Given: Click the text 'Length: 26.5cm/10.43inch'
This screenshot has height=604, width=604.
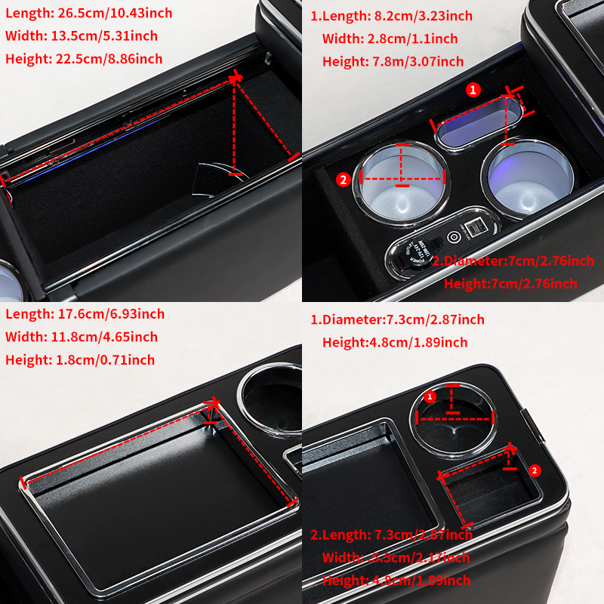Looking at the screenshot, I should (88, 13).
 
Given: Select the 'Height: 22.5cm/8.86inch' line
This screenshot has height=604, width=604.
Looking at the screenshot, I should (83, 58).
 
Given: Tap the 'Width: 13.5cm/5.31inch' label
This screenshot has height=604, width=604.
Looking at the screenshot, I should (81, 35).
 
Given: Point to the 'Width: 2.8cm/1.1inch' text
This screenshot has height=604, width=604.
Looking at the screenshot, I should (390, 39).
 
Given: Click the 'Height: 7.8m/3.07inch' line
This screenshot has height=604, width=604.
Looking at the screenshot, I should (393, 61).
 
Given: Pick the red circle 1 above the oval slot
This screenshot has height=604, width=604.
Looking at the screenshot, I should (473, 90).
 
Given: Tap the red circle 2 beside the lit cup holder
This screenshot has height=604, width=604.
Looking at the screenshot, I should (343, 179).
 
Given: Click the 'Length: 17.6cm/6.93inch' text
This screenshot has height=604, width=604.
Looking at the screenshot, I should (85, 314).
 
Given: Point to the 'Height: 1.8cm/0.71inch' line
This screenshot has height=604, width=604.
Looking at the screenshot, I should (79, 359).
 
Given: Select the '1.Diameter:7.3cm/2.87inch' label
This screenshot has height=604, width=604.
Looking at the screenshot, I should (398, 320).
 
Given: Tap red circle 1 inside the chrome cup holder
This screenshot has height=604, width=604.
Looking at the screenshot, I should (430, 397).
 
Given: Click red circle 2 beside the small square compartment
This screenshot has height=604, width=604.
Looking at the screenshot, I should (535, 470).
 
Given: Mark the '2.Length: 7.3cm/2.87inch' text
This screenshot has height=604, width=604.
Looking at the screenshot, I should (391, 535).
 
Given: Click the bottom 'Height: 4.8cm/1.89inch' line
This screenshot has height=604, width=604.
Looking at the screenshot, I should (396, 581).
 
